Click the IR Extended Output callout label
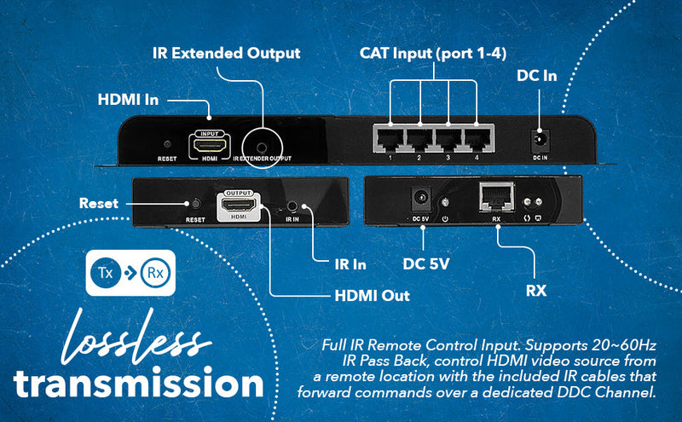click(x=226, y=53)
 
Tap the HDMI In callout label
click(x=128, y=100)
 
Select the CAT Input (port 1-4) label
click(x=433, y=53)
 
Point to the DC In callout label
click(x=537, y=76)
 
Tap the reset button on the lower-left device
click(x=194, y=205)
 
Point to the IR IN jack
click(x=293, y=205)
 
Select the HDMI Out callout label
click(x=372, y=295)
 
